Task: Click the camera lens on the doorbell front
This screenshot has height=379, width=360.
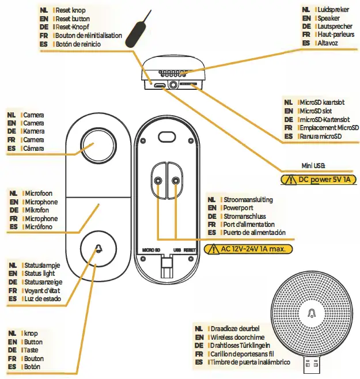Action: (x=96, y=144)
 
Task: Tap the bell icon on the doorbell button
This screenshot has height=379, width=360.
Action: (x=96, y=249)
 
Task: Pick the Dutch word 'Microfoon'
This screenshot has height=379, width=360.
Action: (x=40, y=194)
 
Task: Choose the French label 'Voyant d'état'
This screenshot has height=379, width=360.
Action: (x=44, y=291)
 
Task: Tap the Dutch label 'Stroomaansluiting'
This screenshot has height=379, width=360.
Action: (x=248, y=199)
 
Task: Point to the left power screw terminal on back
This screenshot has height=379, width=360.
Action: (x=158, y=181)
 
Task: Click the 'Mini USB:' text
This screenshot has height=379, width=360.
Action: (x=313, y=166)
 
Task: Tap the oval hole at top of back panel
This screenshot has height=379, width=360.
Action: (x=166, y=134)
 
